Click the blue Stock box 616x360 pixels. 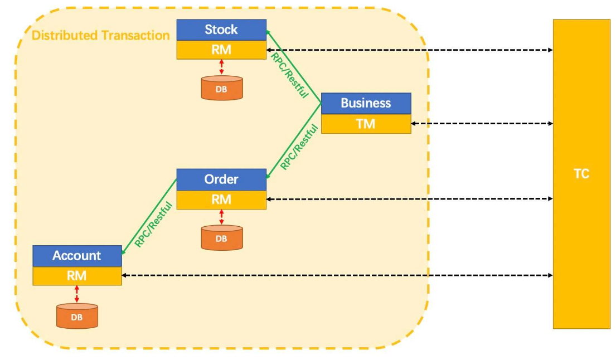(221, 30)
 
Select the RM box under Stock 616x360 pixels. (221, 50)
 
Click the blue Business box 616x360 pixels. (366, 103)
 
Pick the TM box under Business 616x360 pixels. (366, 124)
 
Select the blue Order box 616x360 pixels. (221, 179)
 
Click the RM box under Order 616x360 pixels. (221, 200)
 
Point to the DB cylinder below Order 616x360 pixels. (222, 238)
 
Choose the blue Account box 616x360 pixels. (77, 256)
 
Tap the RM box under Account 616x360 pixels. (77, 275)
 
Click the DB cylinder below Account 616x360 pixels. (77, 316)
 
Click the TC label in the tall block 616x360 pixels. (581, 174)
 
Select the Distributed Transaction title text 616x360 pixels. (101, 36)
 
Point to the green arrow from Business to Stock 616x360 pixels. (293, 67)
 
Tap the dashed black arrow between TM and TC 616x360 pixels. (482, 124)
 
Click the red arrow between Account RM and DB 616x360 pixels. (77, 294)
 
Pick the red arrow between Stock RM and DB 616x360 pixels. (221, 67)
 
